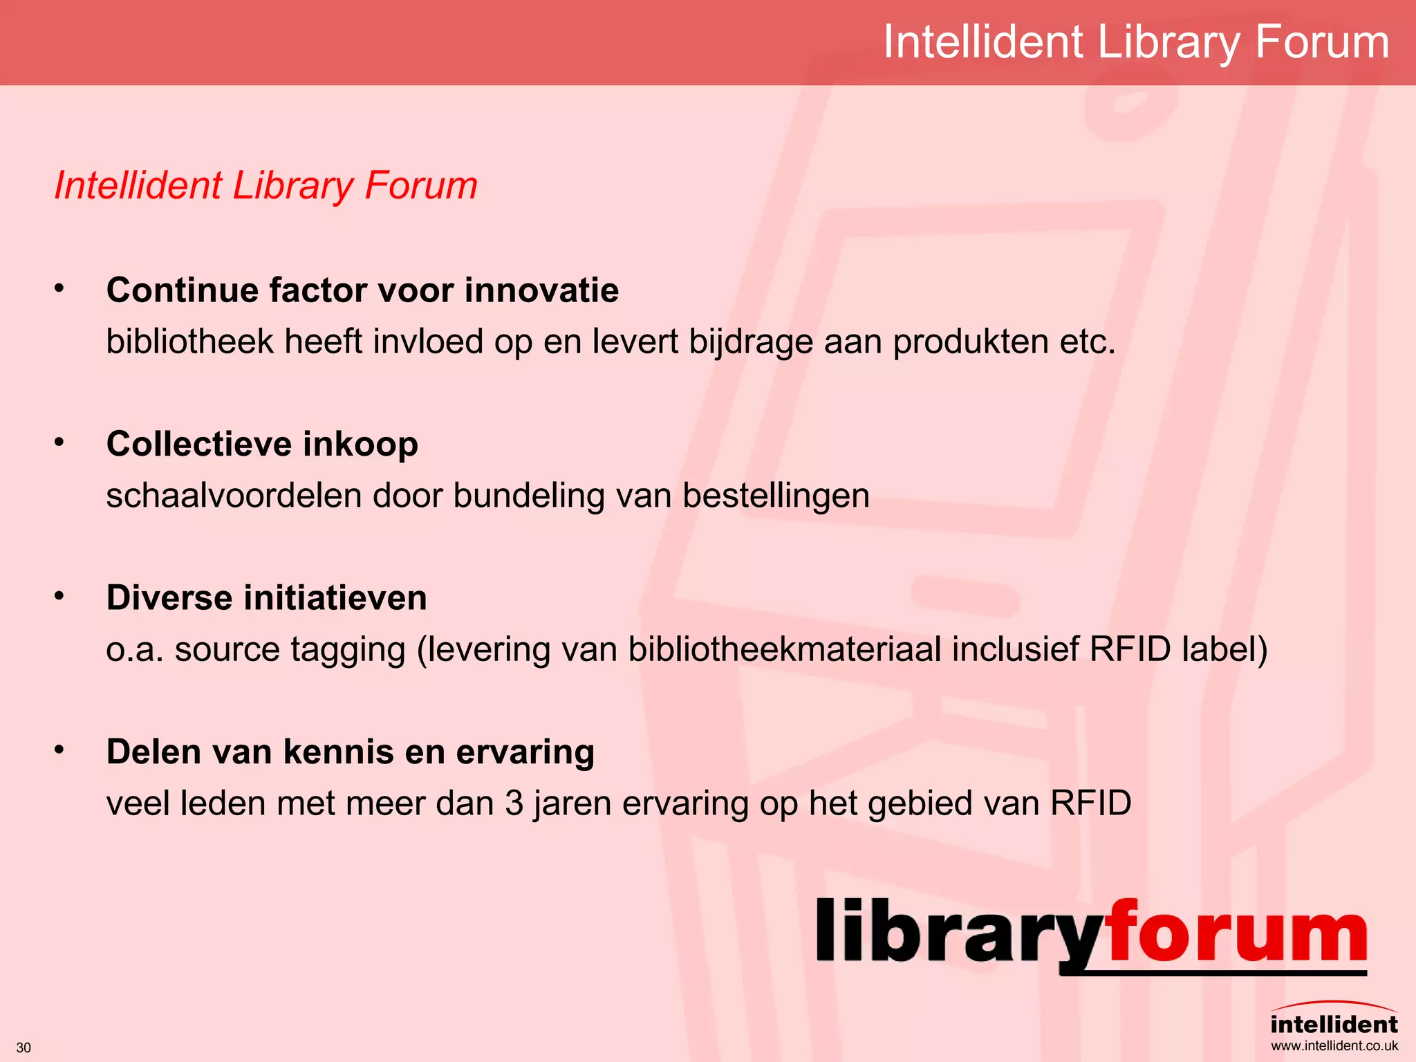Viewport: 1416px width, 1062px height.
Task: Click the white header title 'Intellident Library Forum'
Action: [x=1136, y=43]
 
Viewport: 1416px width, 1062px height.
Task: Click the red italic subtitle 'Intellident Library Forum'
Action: [x=265, y=186]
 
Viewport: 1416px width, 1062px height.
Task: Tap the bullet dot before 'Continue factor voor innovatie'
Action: [x=59, y=288]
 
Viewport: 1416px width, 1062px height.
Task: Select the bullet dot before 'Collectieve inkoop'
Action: [x=59, y=442]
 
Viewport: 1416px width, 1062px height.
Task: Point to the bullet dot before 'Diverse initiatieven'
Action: [x=59, y=595]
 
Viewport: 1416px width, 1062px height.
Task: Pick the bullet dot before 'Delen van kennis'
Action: [x=59, y=749]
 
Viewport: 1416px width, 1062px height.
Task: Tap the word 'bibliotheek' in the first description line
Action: [x=189, y=342]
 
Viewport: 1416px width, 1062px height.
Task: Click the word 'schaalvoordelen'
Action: [x=234, y=496]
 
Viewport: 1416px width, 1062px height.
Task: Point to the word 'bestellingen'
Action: [x=776, y=496]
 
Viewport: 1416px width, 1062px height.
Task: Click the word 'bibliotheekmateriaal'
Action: [x=785, y=650]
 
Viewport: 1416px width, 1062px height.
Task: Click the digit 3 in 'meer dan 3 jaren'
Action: [x=514, y=804]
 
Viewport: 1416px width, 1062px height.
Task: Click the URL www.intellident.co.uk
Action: [x=1334, y=1046]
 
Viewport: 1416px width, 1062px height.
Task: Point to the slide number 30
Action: [x=24, y=1047]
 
